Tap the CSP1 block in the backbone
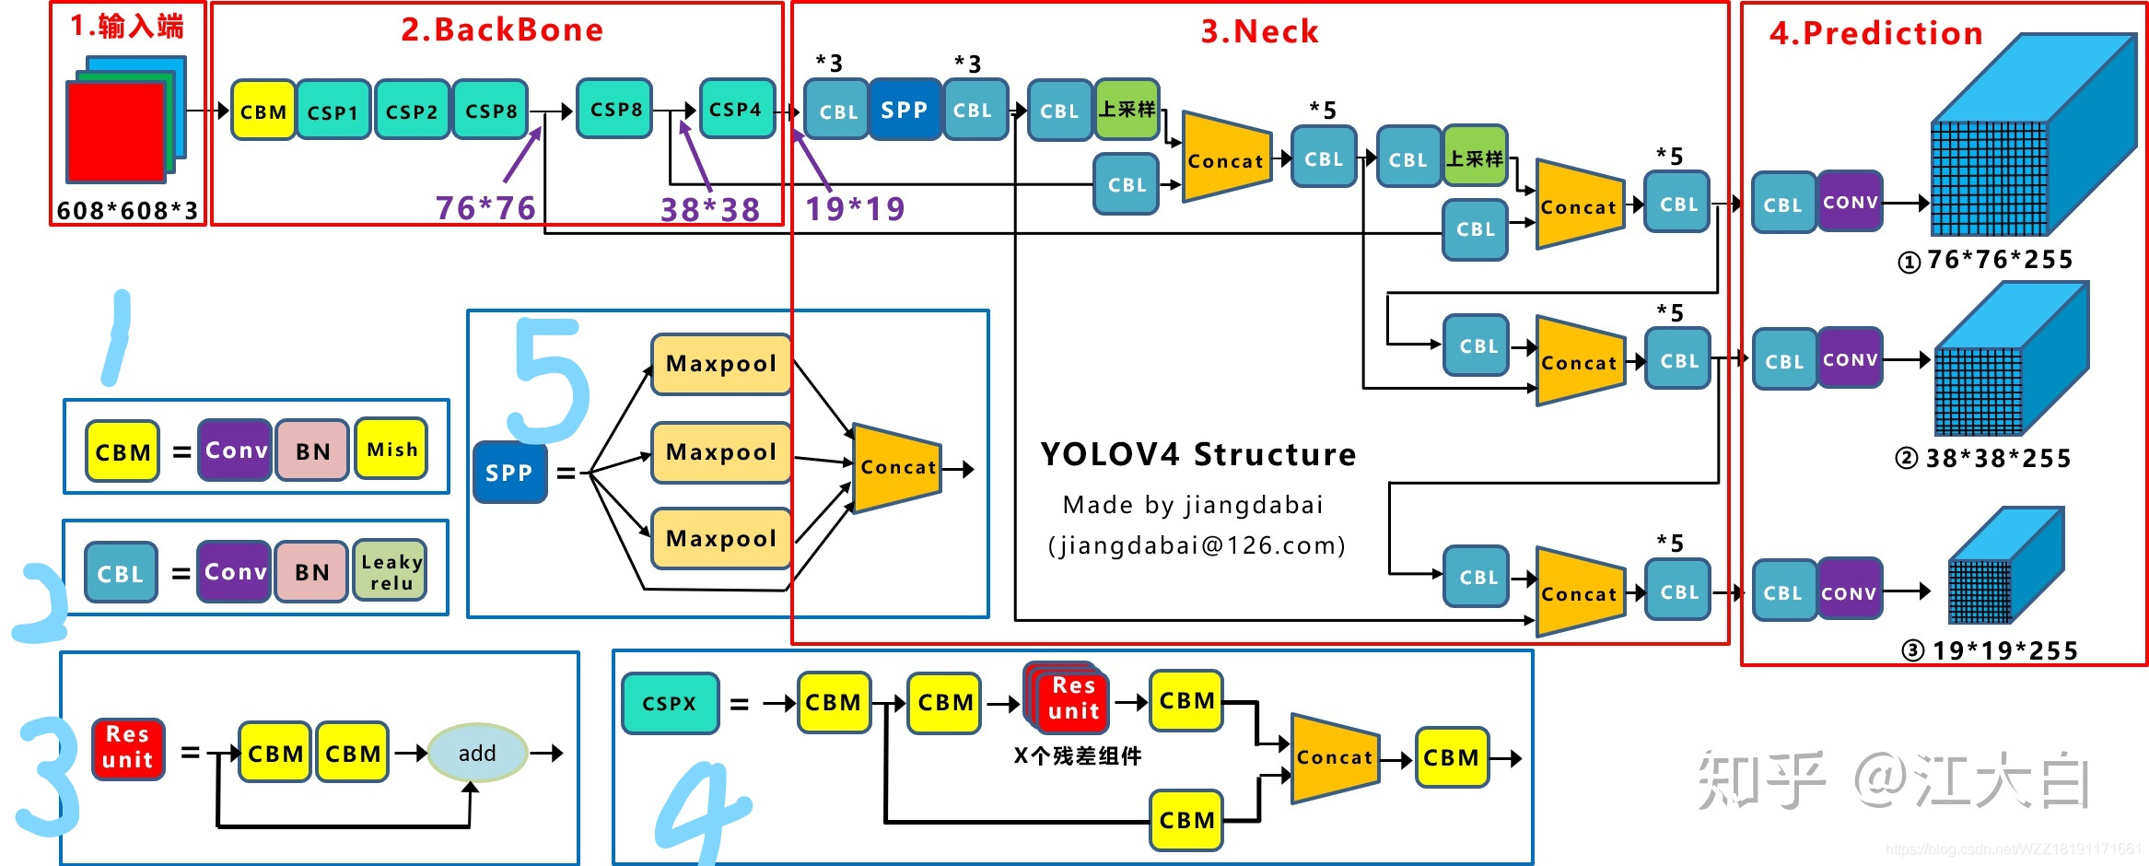point(333,111)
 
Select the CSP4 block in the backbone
point(736,109)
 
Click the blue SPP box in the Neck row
point(904,110)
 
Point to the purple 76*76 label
point(485,208)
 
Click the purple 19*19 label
point(855,209)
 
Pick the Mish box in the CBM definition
point(391,450)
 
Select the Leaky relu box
point(391,571)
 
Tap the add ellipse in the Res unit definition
point(477,753)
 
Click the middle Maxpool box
point(720,452)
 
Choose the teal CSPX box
point(670,703)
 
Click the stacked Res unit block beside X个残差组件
point(1070,698)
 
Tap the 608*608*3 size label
point(127,211)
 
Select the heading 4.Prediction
point(1875,33)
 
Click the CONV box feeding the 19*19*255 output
point(1849,592)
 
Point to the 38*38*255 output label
point(1986,459)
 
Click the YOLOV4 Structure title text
point(1197,454)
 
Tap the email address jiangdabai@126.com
point(1196,546)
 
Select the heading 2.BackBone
point(502,29)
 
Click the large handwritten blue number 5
point(551,378)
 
